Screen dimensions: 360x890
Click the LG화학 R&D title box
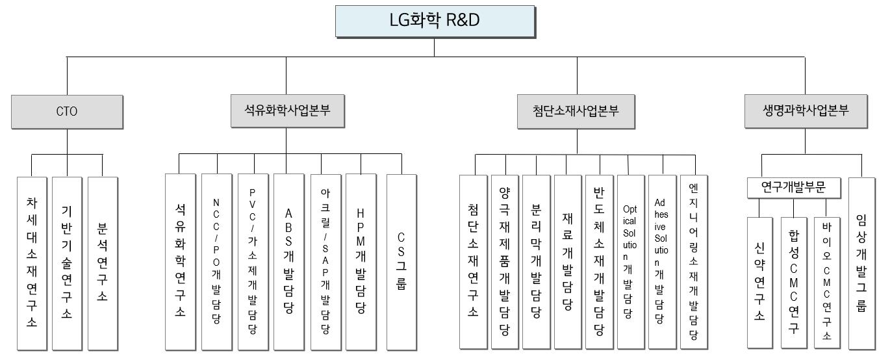(x=434, y=21)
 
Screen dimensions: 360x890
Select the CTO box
(x=67, y=111)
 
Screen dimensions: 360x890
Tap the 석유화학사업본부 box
(x=286, y=110)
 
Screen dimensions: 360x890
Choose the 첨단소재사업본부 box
(x=576, y=110)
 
